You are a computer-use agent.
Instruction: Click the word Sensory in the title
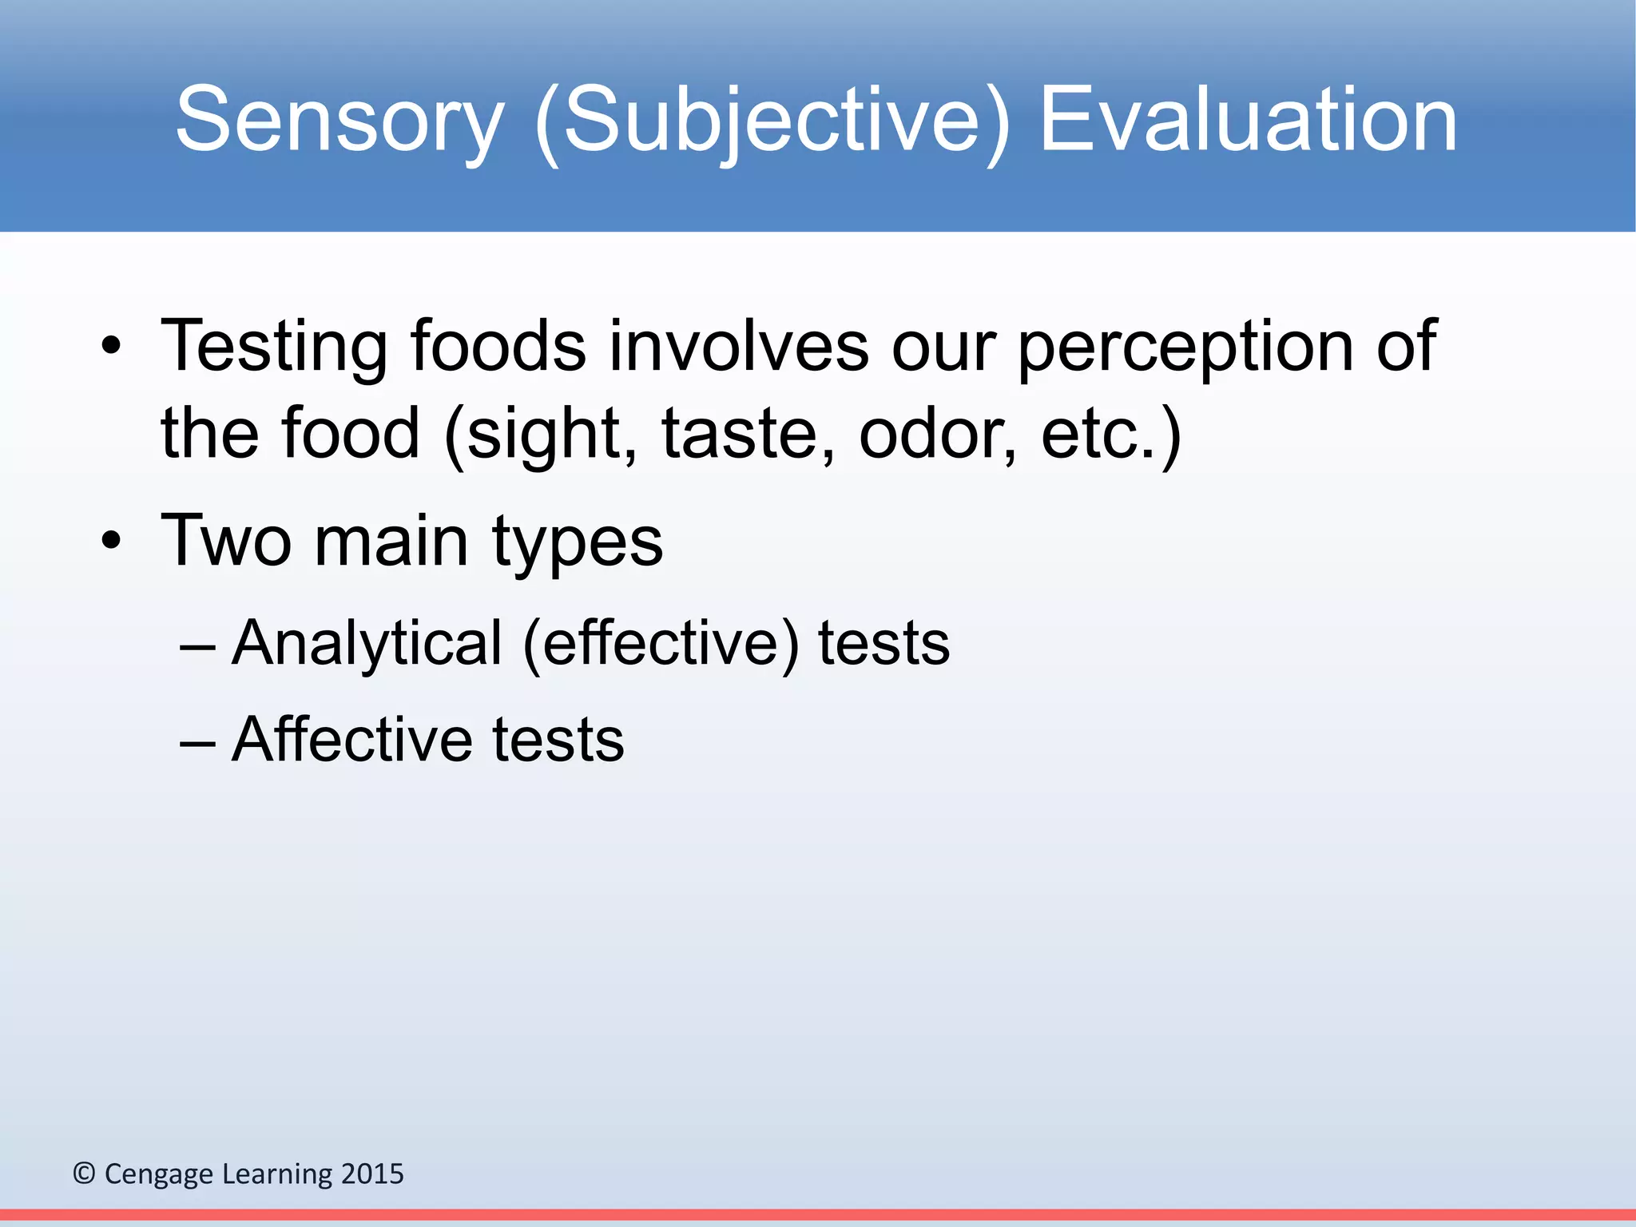click(340, 121)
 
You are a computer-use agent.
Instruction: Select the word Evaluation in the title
click(1248, 121)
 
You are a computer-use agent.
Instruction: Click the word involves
click(738, 347)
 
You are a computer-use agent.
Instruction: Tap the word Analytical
click(367, 644)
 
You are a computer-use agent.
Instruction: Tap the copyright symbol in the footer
click(84, 1173)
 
